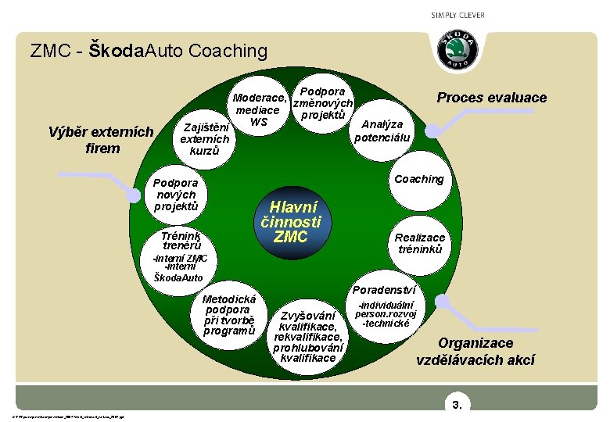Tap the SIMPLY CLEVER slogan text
[x=457, y=16]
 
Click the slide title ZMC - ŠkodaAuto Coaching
[x=149, y=52]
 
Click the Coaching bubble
[x=418, y=179]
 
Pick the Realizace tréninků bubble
[x=420, y=243]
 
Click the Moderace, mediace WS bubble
[x=260, y=110]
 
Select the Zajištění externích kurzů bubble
[x=205, y=138]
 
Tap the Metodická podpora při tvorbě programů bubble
[x=229, y=315]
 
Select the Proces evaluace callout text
[x=491, y=98]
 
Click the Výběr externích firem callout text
[x=102, y=140]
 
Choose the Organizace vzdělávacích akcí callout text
[x=475, y=352]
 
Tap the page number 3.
[x=457, y=405]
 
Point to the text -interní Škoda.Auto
[x=179, y=272]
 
